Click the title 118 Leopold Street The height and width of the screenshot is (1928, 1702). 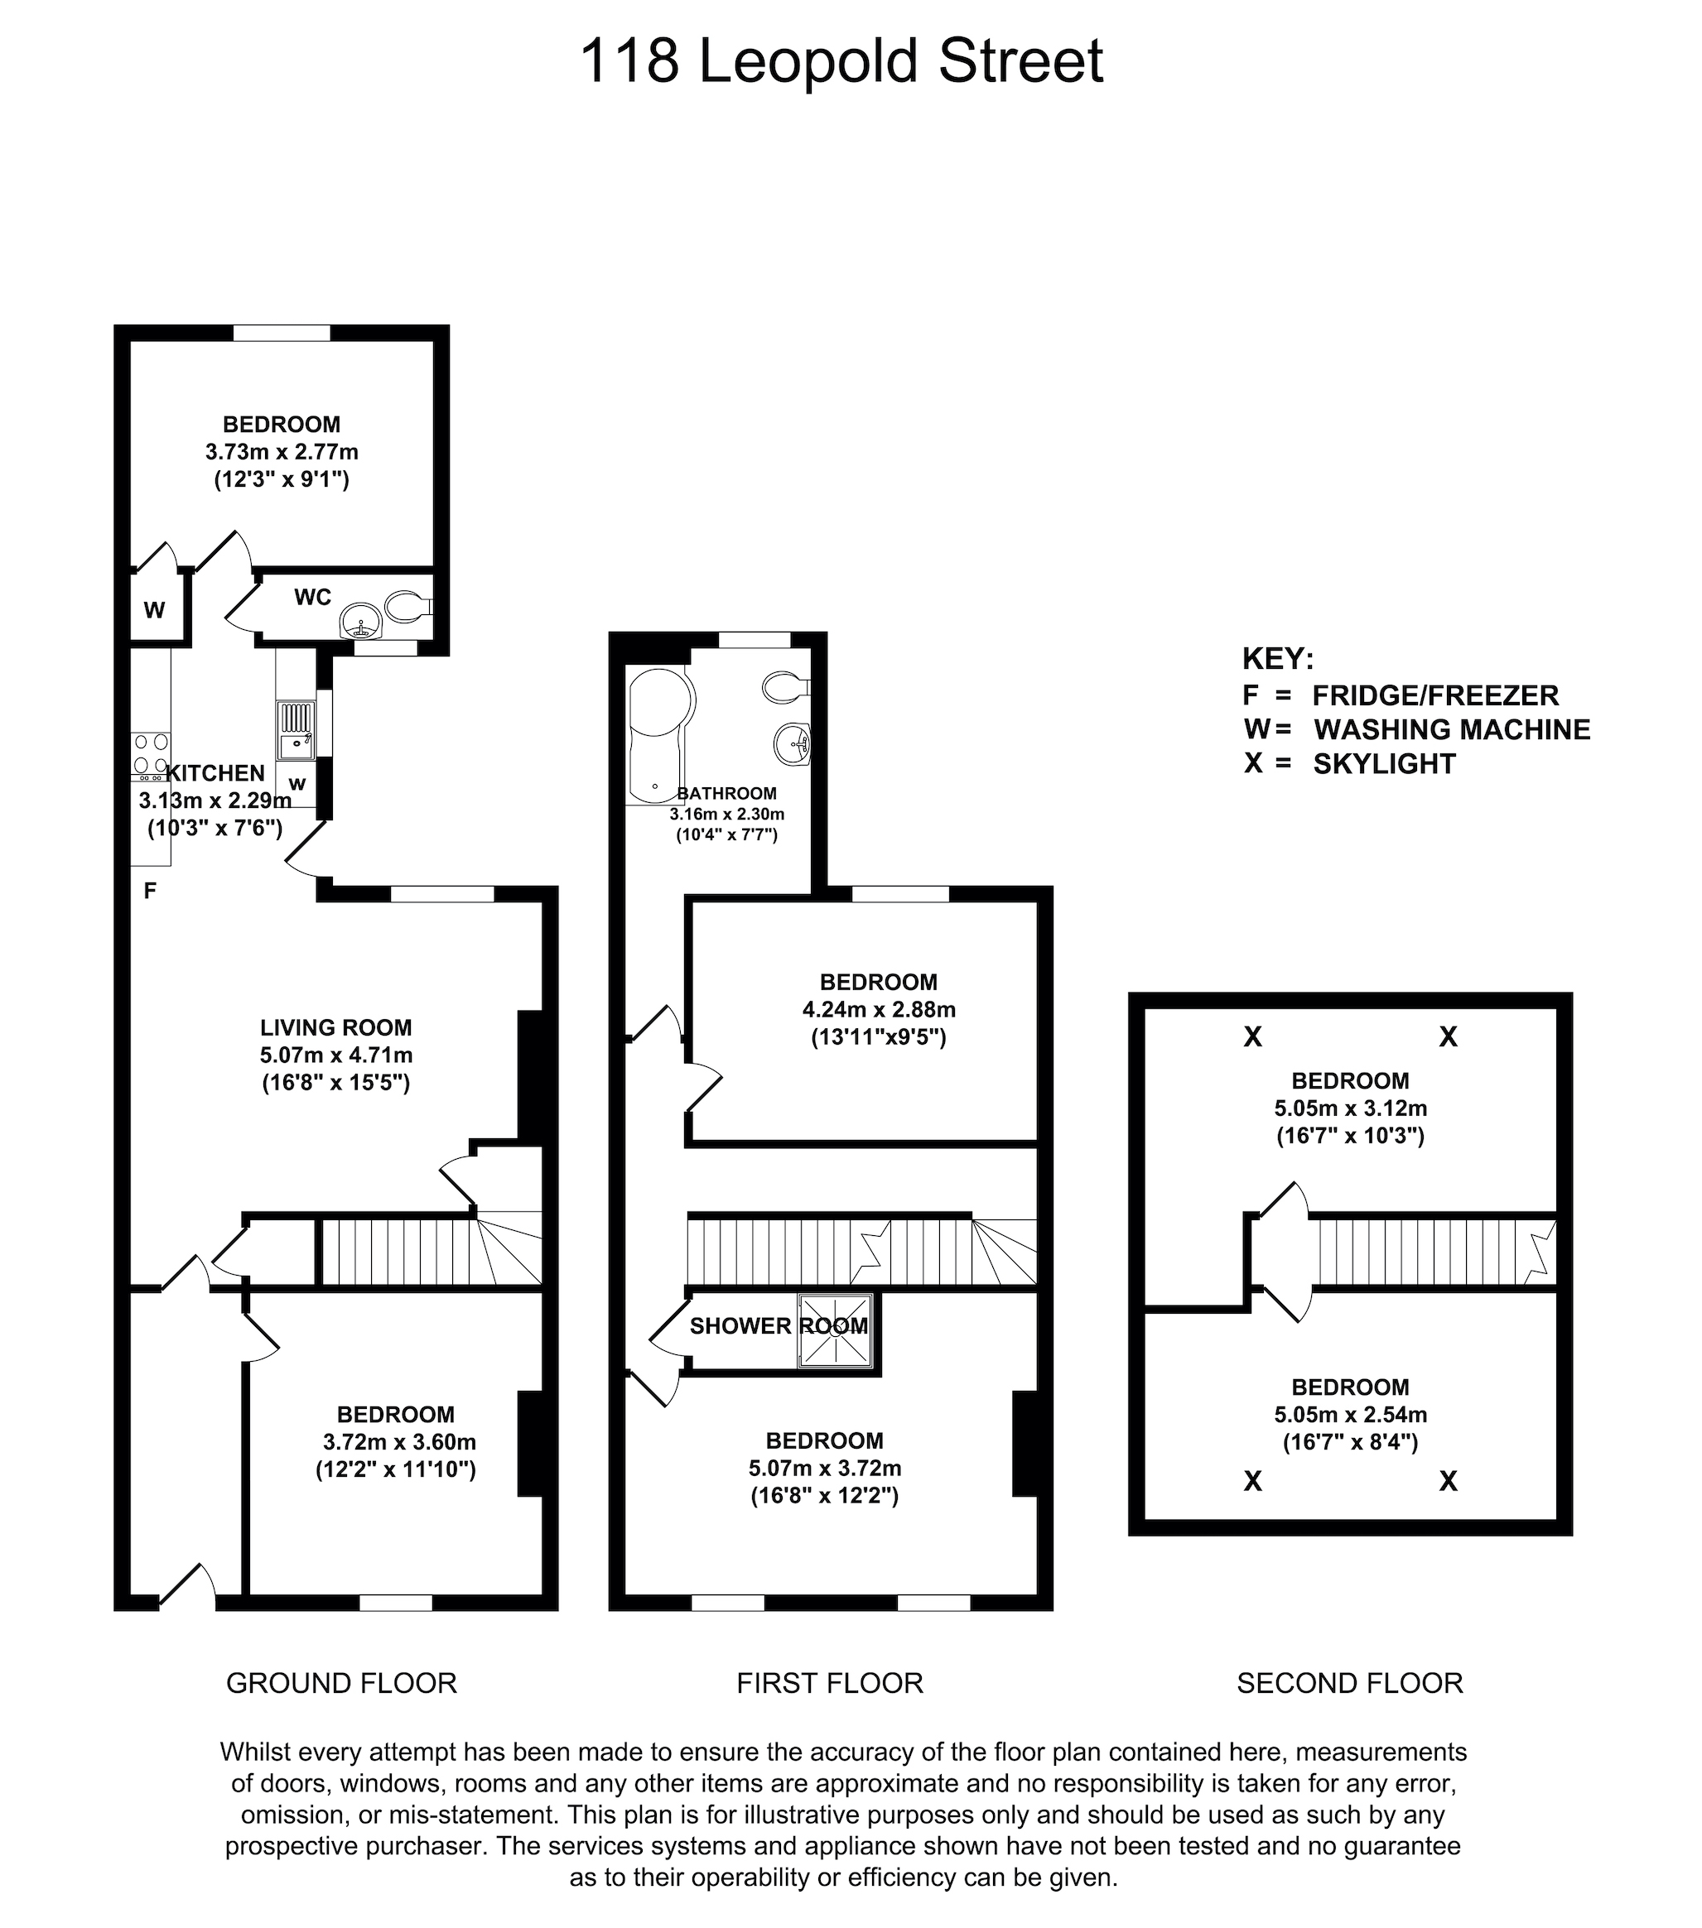click(841, 62)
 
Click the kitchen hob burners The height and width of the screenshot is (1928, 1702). click(151, 752)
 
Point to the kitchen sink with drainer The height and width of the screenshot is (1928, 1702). click(296, 730)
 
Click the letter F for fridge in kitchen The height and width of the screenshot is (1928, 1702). click(149, 891)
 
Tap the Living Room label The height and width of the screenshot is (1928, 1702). click(336, 1027)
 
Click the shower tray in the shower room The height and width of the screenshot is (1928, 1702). click(835, 1330)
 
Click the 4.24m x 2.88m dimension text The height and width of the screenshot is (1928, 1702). click(880, 1009)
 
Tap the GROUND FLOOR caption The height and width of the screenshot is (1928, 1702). click(341, 1682)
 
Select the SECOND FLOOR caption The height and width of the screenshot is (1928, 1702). click(1350, 1682)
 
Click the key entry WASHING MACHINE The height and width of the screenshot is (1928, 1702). click(1453, 729)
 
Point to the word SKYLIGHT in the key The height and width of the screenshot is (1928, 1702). click(1385, 763)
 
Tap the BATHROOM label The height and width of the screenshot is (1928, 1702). click(727, 793)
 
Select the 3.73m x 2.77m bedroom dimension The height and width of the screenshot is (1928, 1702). click(282, 452)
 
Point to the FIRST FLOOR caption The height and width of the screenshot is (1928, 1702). click(830, 1682)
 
